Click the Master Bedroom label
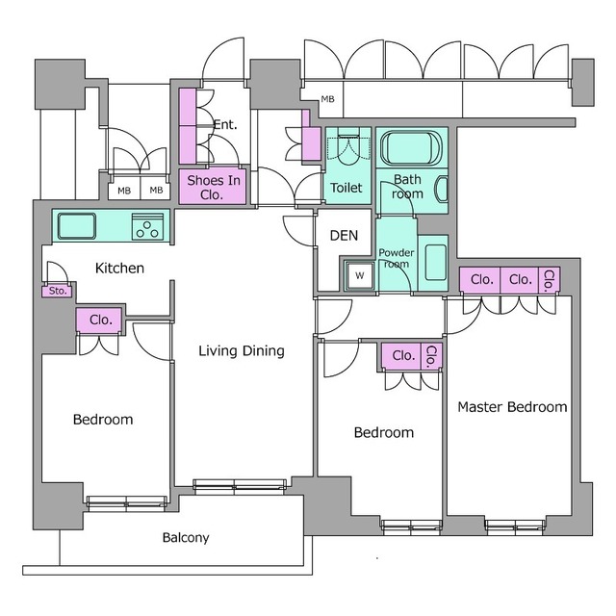512,407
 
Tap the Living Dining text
242,350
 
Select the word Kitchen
119,269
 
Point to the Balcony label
186,537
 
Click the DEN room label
345,235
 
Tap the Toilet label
346,188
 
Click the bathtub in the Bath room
411,148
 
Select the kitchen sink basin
77,226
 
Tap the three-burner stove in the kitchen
147,227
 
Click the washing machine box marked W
359,275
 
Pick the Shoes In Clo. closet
213,187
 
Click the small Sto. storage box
58,291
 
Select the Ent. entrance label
225,124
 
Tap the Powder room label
397,258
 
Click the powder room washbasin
436,262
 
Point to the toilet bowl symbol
348,151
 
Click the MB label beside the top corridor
327,99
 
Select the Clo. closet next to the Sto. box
100,320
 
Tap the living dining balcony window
240,485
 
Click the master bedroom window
515,526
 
